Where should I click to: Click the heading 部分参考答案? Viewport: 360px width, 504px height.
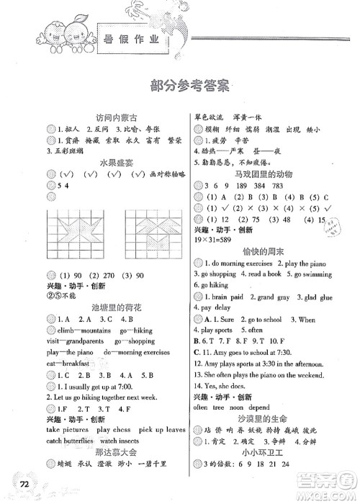click(x=180, y=86)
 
